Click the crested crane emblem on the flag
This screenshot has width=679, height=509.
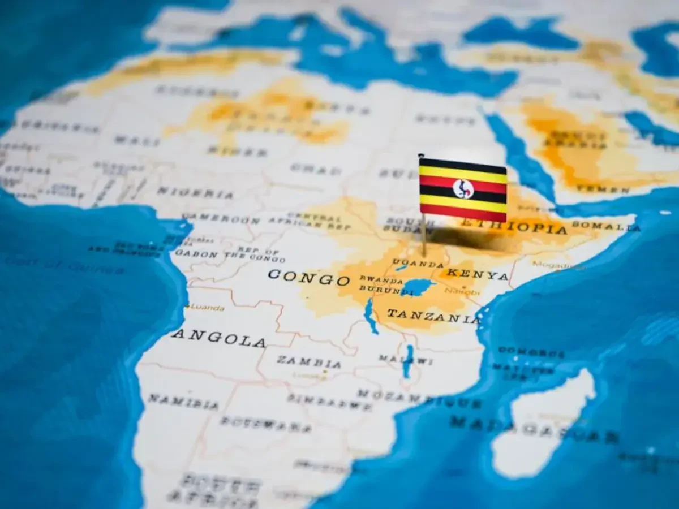463,188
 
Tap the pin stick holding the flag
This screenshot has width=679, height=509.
423,235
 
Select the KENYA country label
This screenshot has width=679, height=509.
478,274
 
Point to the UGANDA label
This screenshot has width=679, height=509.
418,264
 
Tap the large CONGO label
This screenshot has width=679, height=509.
309,278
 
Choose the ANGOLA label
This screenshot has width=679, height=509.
218,338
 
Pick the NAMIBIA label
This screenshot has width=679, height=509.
183,402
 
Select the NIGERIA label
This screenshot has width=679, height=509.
195,192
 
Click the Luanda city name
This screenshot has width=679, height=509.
207,308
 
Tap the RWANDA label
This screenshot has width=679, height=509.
381,279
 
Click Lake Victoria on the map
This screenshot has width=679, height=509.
418,287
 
